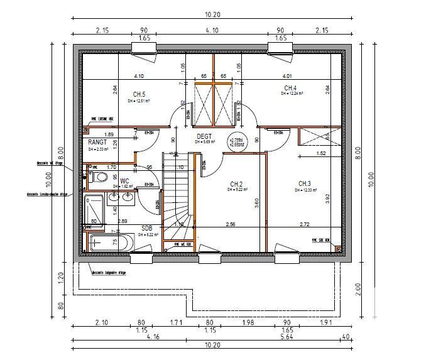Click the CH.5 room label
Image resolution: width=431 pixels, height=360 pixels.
coord(139,95)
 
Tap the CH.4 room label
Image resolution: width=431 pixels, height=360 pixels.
coord(290,88)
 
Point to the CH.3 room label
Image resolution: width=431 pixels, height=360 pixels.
coord(305,184)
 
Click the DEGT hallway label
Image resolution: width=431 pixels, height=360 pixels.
coord(204,136)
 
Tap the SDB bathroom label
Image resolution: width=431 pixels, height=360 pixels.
coord(147,228)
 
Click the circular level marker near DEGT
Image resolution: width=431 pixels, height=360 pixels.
coord(236,141)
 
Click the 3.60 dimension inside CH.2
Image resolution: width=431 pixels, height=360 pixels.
coord(257,203)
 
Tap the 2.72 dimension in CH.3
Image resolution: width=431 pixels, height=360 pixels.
coord(304,224)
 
